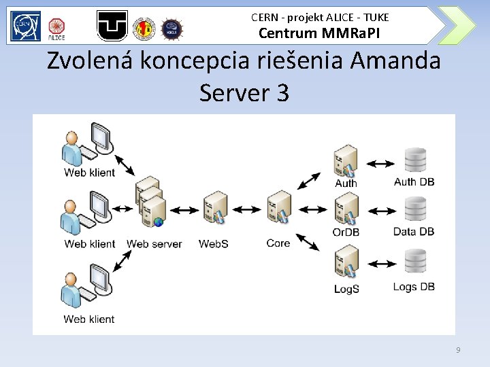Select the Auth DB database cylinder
414,160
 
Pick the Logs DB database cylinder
414,262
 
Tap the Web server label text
154,243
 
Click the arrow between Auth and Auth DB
380,164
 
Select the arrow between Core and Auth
309,181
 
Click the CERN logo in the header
25,26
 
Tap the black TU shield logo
112,26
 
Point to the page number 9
458,349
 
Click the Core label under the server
278,243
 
